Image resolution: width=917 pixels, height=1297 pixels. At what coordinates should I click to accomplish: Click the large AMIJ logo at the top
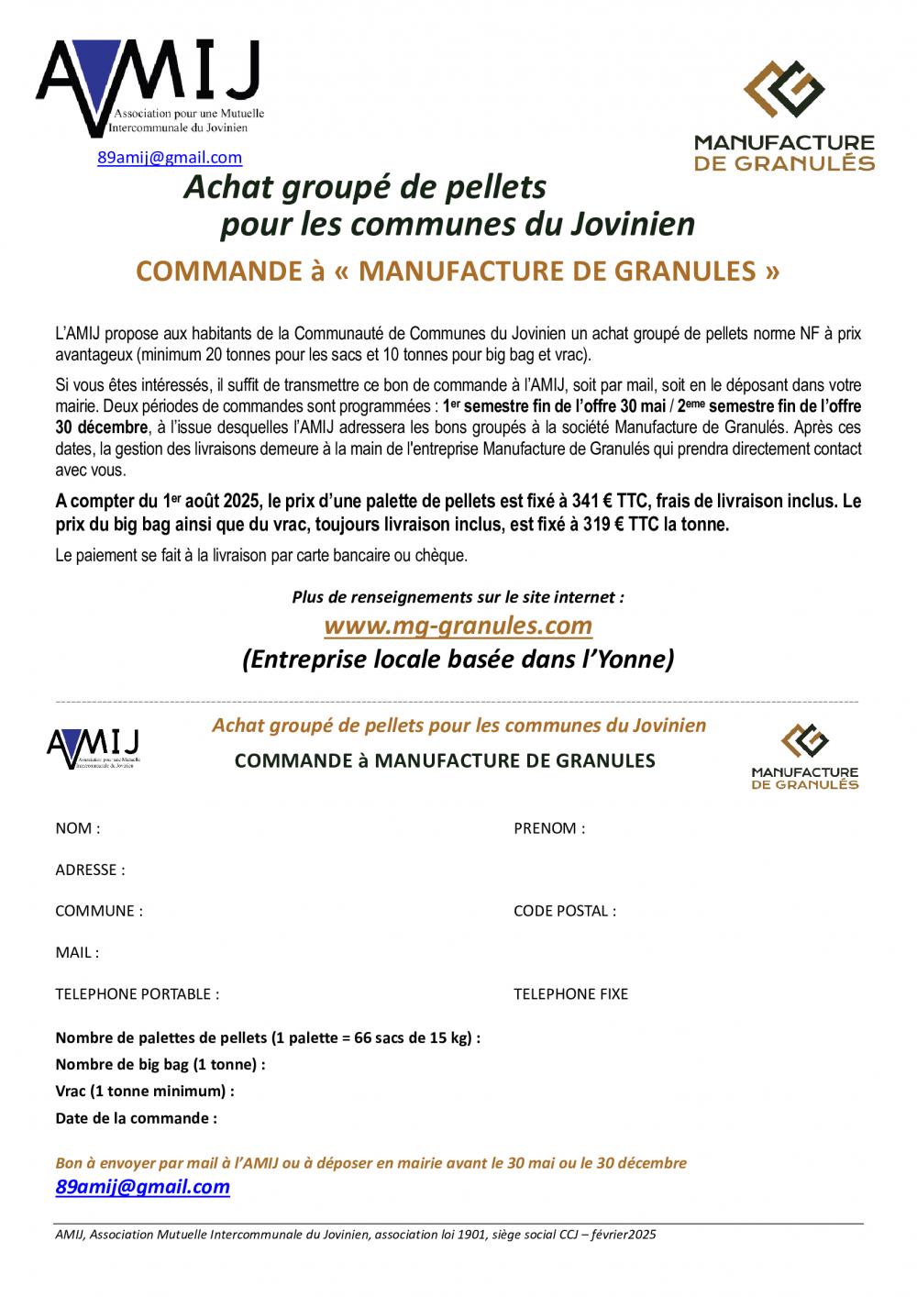tap(151, 87)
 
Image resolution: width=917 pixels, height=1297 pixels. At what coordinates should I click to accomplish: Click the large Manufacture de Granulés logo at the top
tap(783, 115)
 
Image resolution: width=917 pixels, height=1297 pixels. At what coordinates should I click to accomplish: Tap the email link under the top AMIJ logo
tap(170, 158)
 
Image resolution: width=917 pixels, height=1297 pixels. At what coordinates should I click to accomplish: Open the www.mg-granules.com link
tap(458, 626)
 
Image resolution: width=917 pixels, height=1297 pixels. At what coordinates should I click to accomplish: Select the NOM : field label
tap(78, 828)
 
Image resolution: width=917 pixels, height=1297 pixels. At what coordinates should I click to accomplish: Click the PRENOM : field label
tap(548, 828)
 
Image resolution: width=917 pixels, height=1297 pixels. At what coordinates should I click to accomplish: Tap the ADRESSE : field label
tap(90, 870)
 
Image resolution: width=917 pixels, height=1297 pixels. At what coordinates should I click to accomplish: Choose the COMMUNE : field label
tap(99, 911)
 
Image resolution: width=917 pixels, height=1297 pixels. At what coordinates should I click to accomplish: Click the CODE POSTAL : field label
tap(564, 911)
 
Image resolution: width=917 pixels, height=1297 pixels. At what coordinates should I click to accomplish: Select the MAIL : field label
tap(77, 952)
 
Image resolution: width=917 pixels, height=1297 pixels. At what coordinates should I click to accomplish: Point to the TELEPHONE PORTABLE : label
tap(138, 993)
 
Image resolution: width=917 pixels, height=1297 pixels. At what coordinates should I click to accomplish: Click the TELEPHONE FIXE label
tap(570, 993)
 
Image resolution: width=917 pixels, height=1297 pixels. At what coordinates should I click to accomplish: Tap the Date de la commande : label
tap(136, 1118)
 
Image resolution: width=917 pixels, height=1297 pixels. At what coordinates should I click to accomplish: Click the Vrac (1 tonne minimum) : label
tap(145, 1092)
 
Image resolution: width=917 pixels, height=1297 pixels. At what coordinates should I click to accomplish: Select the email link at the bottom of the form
tap(142, 1187)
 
